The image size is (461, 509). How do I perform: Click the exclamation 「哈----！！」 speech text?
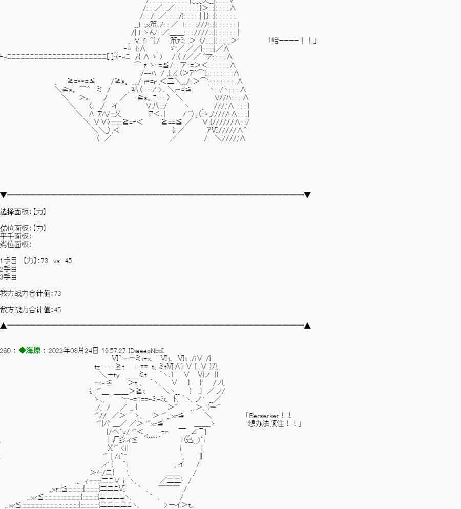pyautogui.click(x=292, y=40)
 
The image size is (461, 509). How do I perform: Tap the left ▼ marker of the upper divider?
pyautogui.click(x=4, y=195)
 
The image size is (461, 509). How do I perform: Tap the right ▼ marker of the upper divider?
pyautogui.click(x=307, y=195)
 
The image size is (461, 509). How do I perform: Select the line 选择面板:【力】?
pyautogui.click(x=24, y=212)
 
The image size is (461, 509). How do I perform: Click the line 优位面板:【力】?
pyautogui.click(x=24, y=228)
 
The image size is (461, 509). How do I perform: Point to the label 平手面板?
pyautogui.click(x=16, y=236)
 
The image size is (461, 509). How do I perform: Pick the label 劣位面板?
pyautogui.click(x=16, y=245)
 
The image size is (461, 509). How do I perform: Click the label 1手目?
pyautogui.click(x=9, y=261)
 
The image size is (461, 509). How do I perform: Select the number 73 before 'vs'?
pyautogui.click(x=44, y=261)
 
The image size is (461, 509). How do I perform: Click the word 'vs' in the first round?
pyautogui.click(x=56, y=261)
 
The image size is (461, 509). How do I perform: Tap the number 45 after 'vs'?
pyautogui.click(x=69, y=261)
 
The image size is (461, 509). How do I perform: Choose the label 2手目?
pyautogui.click(x=9, y=269)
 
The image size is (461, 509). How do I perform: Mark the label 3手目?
pyautogui.click(x=9, y=277)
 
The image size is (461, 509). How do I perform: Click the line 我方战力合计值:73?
pyautogui.click(x=31, y=294)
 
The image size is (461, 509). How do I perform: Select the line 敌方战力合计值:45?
pyautogui.click(x=31, y=310)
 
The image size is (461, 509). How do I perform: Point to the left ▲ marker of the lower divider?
pyautogui.click(x=4, y=325)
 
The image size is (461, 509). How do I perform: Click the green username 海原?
pyautogui.click(x=33, y=350)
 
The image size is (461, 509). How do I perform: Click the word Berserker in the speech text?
pyautogui.click(x=264, y=416)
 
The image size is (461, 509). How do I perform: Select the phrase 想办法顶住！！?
pyautogui.click(x=275, y=424)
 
